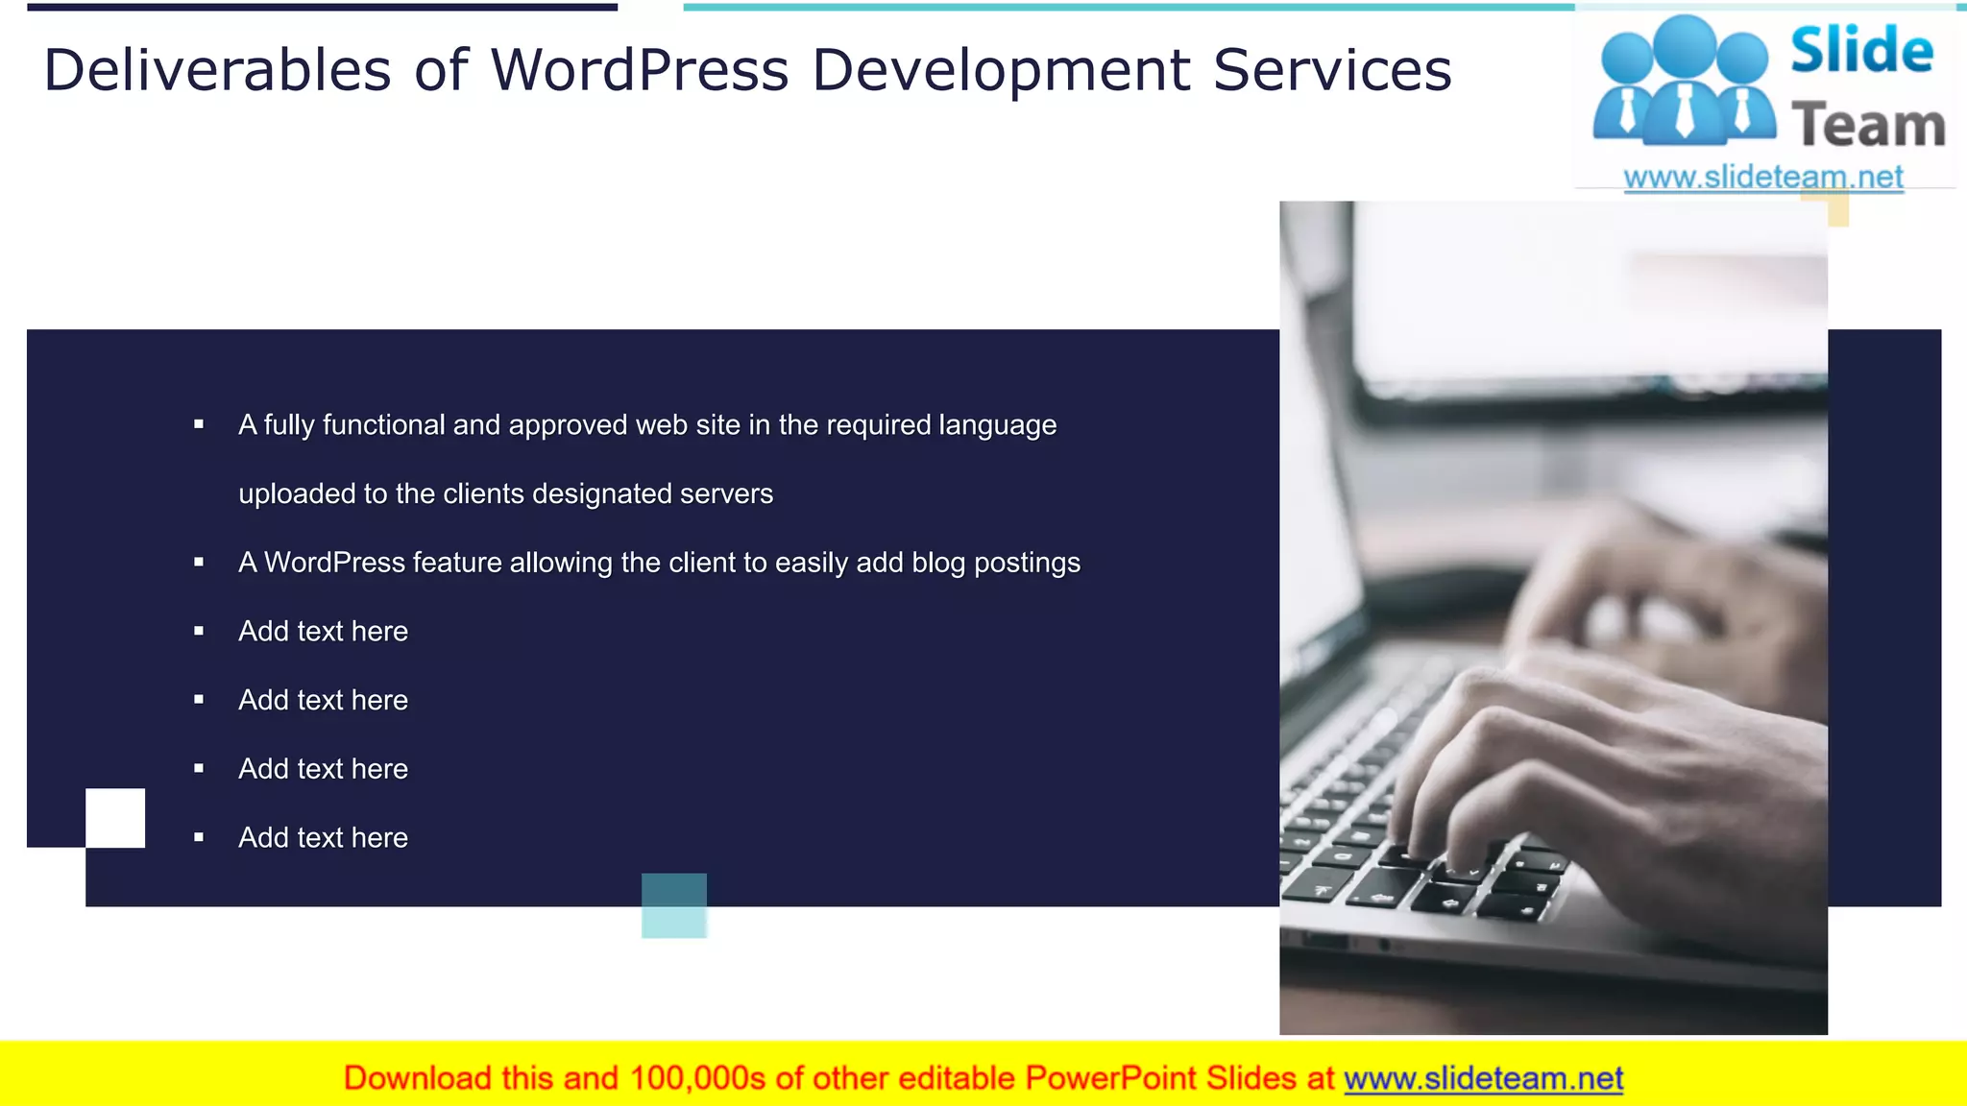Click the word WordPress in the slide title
click(x=640, y=70)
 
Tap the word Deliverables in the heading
click(x=218, y=70)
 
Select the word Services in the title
click(x=1332, y=70)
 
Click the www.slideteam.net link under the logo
click(x=1763, y=177)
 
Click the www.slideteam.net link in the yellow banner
click(x=1483, y=1078)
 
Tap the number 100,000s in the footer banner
click(x=697, y=1078)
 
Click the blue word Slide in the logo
click(x=1861, y=50)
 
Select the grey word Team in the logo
click(x=1868, y=126)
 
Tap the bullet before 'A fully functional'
click(x=199, y=424)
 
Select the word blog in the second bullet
click(x=938, y=563)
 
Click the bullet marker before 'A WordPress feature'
click(x=199, y=563)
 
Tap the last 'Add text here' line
click(x=323, y=837)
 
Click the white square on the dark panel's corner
click(x=115, y=818)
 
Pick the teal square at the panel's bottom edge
click(x=674, y=905)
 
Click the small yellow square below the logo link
click(x=1837, y=209)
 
